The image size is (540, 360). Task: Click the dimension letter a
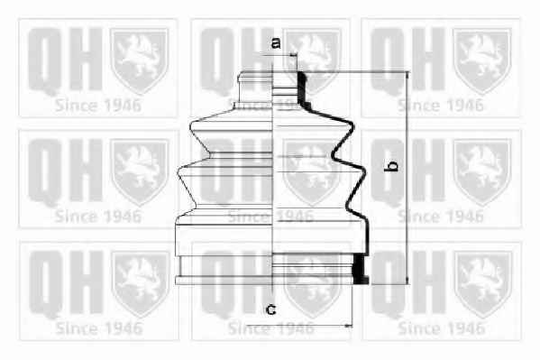pyautogui.click(x=276, y=43)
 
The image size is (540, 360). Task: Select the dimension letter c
pyautogui.click(x=271, y=309)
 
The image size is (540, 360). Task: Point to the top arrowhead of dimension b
pyautogui.click(x=407, y=75)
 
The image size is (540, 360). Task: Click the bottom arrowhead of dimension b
pyautogui.click(x=407, y=282)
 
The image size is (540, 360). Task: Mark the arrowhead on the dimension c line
pyautogui.click(x=349, y=325)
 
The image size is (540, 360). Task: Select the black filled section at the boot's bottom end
pyautogui.click(x=361, y=269)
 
